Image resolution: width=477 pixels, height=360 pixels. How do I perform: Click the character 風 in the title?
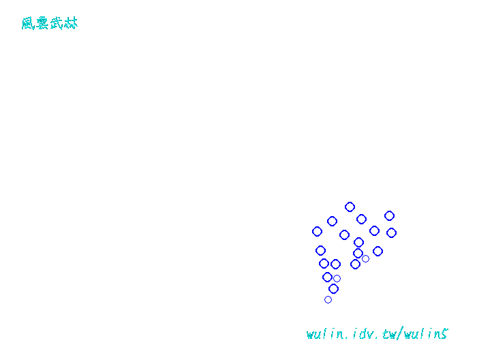28,24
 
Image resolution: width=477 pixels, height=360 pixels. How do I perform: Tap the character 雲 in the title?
42,24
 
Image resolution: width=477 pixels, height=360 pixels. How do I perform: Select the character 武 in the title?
57,24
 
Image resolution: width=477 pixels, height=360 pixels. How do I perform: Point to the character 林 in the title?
71,24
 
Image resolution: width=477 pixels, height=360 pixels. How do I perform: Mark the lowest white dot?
328,299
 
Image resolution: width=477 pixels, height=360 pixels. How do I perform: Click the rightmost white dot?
365,258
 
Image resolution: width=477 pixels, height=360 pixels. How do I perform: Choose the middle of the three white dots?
337,278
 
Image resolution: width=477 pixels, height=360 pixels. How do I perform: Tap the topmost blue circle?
350,207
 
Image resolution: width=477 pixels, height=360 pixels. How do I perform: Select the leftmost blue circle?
317,231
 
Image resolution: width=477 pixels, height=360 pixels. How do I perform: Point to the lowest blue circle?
333,288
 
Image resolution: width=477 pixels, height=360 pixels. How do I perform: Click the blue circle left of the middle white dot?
327,277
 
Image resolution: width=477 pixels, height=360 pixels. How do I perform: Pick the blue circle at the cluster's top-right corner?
389,215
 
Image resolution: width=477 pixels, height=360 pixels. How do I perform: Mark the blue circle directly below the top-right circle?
391,232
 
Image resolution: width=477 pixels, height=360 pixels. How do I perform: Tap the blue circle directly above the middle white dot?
335,264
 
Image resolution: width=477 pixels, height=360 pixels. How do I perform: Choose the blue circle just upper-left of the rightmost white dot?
358,253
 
